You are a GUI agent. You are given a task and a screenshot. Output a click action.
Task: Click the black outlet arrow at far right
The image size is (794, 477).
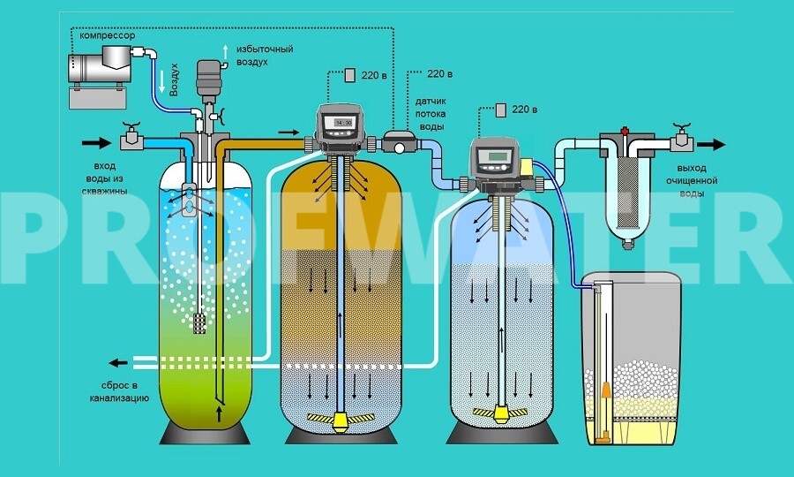[712, 145]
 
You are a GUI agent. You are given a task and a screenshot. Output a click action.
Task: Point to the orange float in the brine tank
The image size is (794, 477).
[605, 393]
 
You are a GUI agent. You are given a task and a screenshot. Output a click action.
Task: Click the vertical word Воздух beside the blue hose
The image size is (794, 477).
[175, 81]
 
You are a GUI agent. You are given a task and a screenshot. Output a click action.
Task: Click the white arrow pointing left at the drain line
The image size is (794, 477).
[116, 362]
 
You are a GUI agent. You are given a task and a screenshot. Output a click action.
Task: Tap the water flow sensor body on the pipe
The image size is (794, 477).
[400, 141]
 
